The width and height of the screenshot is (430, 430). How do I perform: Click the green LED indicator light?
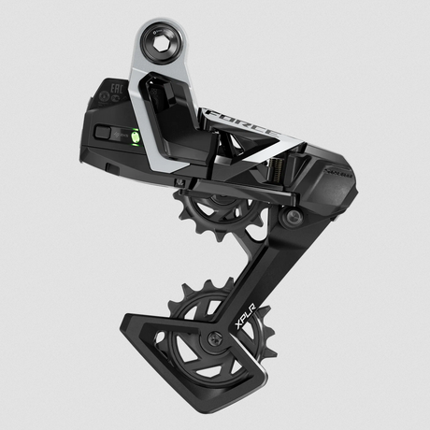(x=135, y=136)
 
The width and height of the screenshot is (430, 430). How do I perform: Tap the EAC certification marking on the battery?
(x=115, y=92)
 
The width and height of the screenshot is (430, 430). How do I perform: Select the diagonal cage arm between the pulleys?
(x=266, y=271)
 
